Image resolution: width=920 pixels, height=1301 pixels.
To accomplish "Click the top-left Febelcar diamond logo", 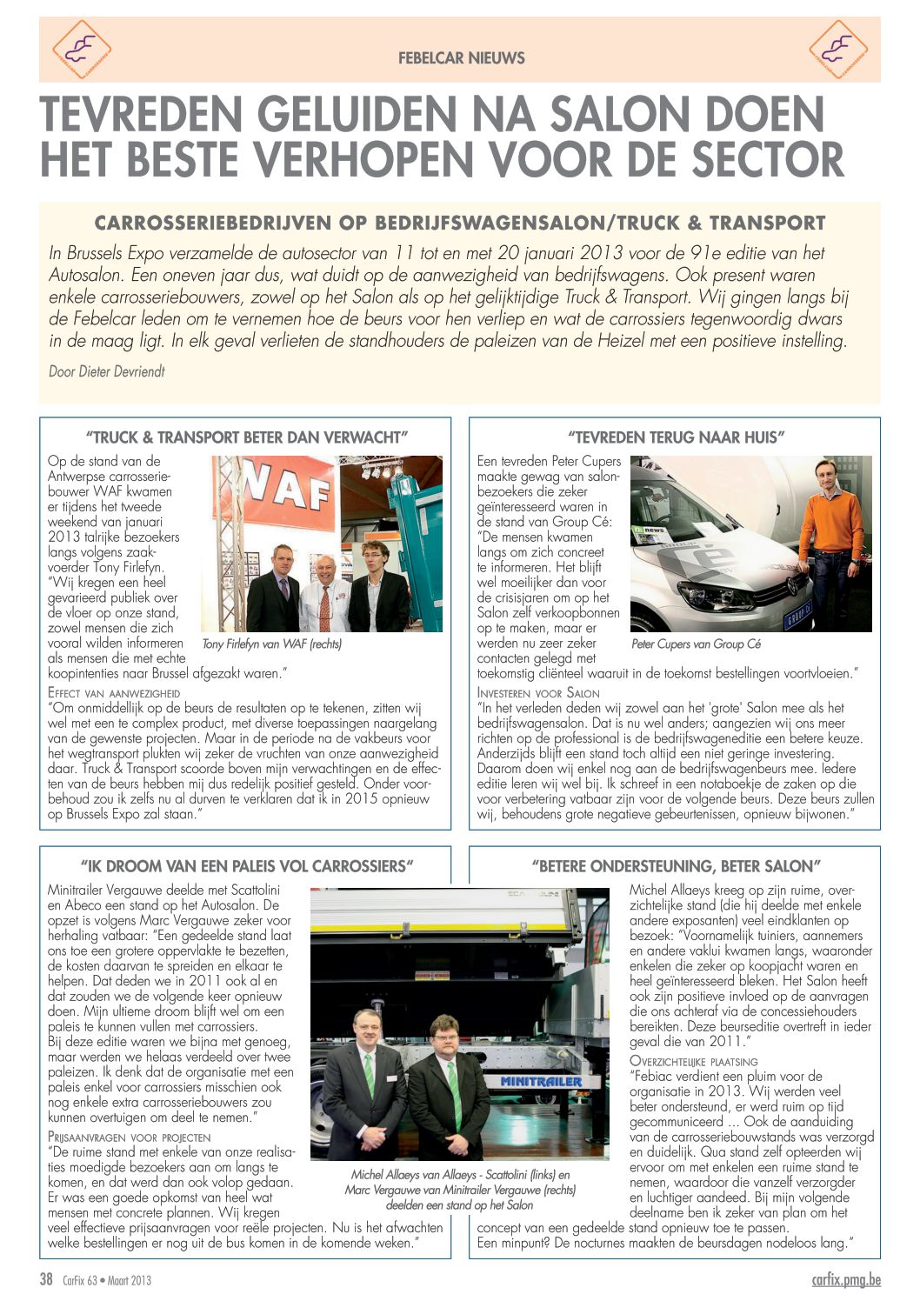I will pos(81,50).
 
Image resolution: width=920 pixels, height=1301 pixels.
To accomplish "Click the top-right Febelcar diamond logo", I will pos(838,50).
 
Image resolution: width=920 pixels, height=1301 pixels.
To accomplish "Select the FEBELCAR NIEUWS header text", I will pos(461,58).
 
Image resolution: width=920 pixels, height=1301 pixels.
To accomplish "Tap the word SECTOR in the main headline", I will pos(762,160).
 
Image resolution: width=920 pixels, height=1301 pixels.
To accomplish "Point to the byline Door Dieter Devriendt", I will pos(107,371).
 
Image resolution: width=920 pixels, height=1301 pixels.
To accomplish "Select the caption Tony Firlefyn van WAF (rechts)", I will pos(271,644).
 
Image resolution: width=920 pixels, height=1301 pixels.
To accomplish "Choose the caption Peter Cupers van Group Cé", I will pos(696,644).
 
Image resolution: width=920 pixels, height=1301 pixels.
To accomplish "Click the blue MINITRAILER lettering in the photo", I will pos(541,1081).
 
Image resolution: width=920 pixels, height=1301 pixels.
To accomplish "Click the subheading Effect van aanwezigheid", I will pos(114,693).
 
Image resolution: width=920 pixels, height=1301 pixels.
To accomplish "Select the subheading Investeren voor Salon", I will pos(538,693).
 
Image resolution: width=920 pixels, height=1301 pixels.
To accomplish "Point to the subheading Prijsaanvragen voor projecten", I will pos(129,1137).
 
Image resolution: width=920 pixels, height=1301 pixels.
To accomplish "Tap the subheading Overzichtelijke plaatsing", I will pos(693,1061).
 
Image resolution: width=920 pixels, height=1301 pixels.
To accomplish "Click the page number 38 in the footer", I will pos(46,1278).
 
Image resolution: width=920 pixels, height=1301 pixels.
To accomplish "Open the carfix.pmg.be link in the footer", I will pos(845,1278).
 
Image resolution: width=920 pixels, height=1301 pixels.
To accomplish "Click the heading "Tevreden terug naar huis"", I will pos(676,437).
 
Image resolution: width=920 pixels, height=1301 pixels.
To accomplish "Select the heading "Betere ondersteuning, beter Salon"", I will pos(676,866).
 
